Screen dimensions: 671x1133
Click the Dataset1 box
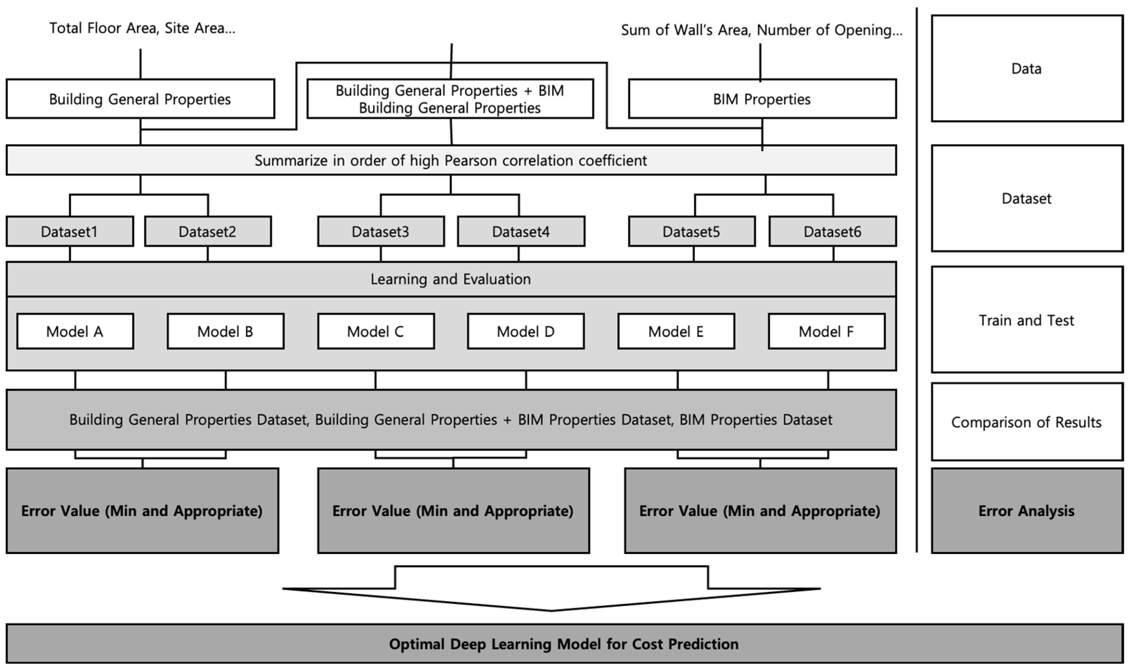tap(70, 232)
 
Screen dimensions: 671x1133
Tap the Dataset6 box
tap(832, 232)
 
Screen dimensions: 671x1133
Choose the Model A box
tap(75, 331)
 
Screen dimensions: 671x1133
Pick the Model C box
tap(375, 331)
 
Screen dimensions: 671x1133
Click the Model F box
tap(826, 331)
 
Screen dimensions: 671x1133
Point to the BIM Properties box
tap(762, 99)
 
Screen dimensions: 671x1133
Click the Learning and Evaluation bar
tap(451, 279)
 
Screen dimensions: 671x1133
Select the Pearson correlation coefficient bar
tap(451, 161)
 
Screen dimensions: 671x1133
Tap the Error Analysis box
tap(1027, 511)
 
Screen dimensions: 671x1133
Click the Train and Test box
tap(1027, 320)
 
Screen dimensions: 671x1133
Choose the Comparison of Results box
tap(1027, 422)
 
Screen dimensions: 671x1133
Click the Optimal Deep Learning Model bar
tap(564, 644)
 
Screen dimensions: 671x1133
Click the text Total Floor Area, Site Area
tap(142, 28)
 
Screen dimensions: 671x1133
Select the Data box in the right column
tap(1027, 68)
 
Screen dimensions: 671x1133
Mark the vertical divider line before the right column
tap(917, 280)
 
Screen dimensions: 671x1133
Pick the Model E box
tap(676, 331)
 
